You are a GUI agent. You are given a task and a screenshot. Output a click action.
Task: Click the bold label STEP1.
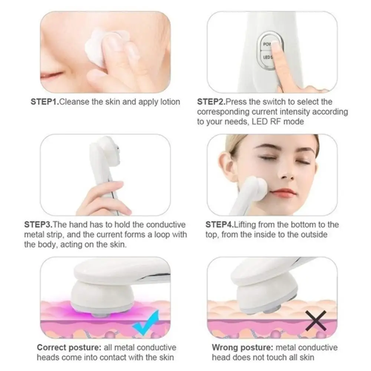45,102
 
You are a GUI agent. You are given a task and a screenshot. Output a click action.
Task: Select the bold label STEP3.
39,225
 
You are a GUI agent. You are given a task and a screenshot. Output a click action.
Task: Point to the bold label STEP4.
219,225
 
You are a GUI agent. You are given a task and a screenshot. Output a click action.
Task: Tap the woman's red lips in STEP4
283,193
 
